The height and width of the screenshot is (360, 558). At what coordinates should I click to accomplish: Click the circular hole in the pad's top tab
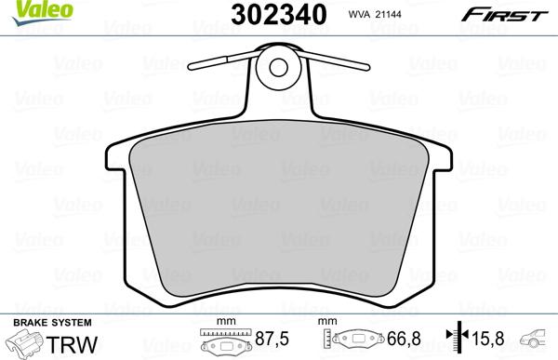(x=278, y=67)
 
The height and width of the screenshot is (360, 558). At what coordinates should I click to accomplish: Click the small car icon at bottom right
(x=537, y=340)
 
